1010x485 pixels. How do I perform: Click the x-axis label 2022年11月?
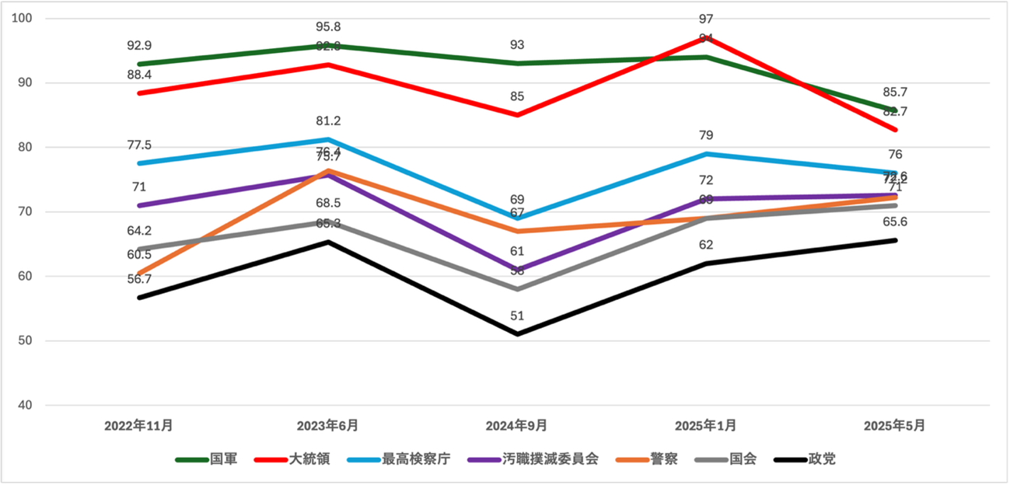(x=138, y=426)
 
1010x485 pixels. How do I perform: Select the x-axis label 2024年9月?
(x=516, y=426)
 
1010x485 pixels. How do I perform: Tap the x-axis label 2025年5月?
(x=895, y=426)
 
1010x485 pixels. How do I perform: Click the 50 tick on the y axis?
(x=25, y=340)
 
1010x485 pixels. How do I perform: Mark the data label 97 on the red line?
(x=706, y=19)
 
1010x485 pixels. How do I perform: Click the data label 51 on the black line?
(x=517, y=316)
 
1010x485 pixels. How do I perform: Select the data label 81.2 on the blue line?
(x=328, y=121)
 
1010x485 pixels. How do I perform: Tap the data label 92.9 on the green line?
(x=139, y=46)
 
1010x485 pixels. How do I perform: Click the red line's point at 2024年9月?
(x=517, y=115)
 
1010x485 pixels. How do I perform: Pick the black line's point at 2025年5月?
(x=895, y=240)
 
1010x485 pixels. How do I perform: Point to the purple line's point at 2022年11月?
(x=139, y=205)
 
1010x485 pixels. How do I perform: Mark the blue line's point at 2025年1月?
(x=706, y=154)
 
